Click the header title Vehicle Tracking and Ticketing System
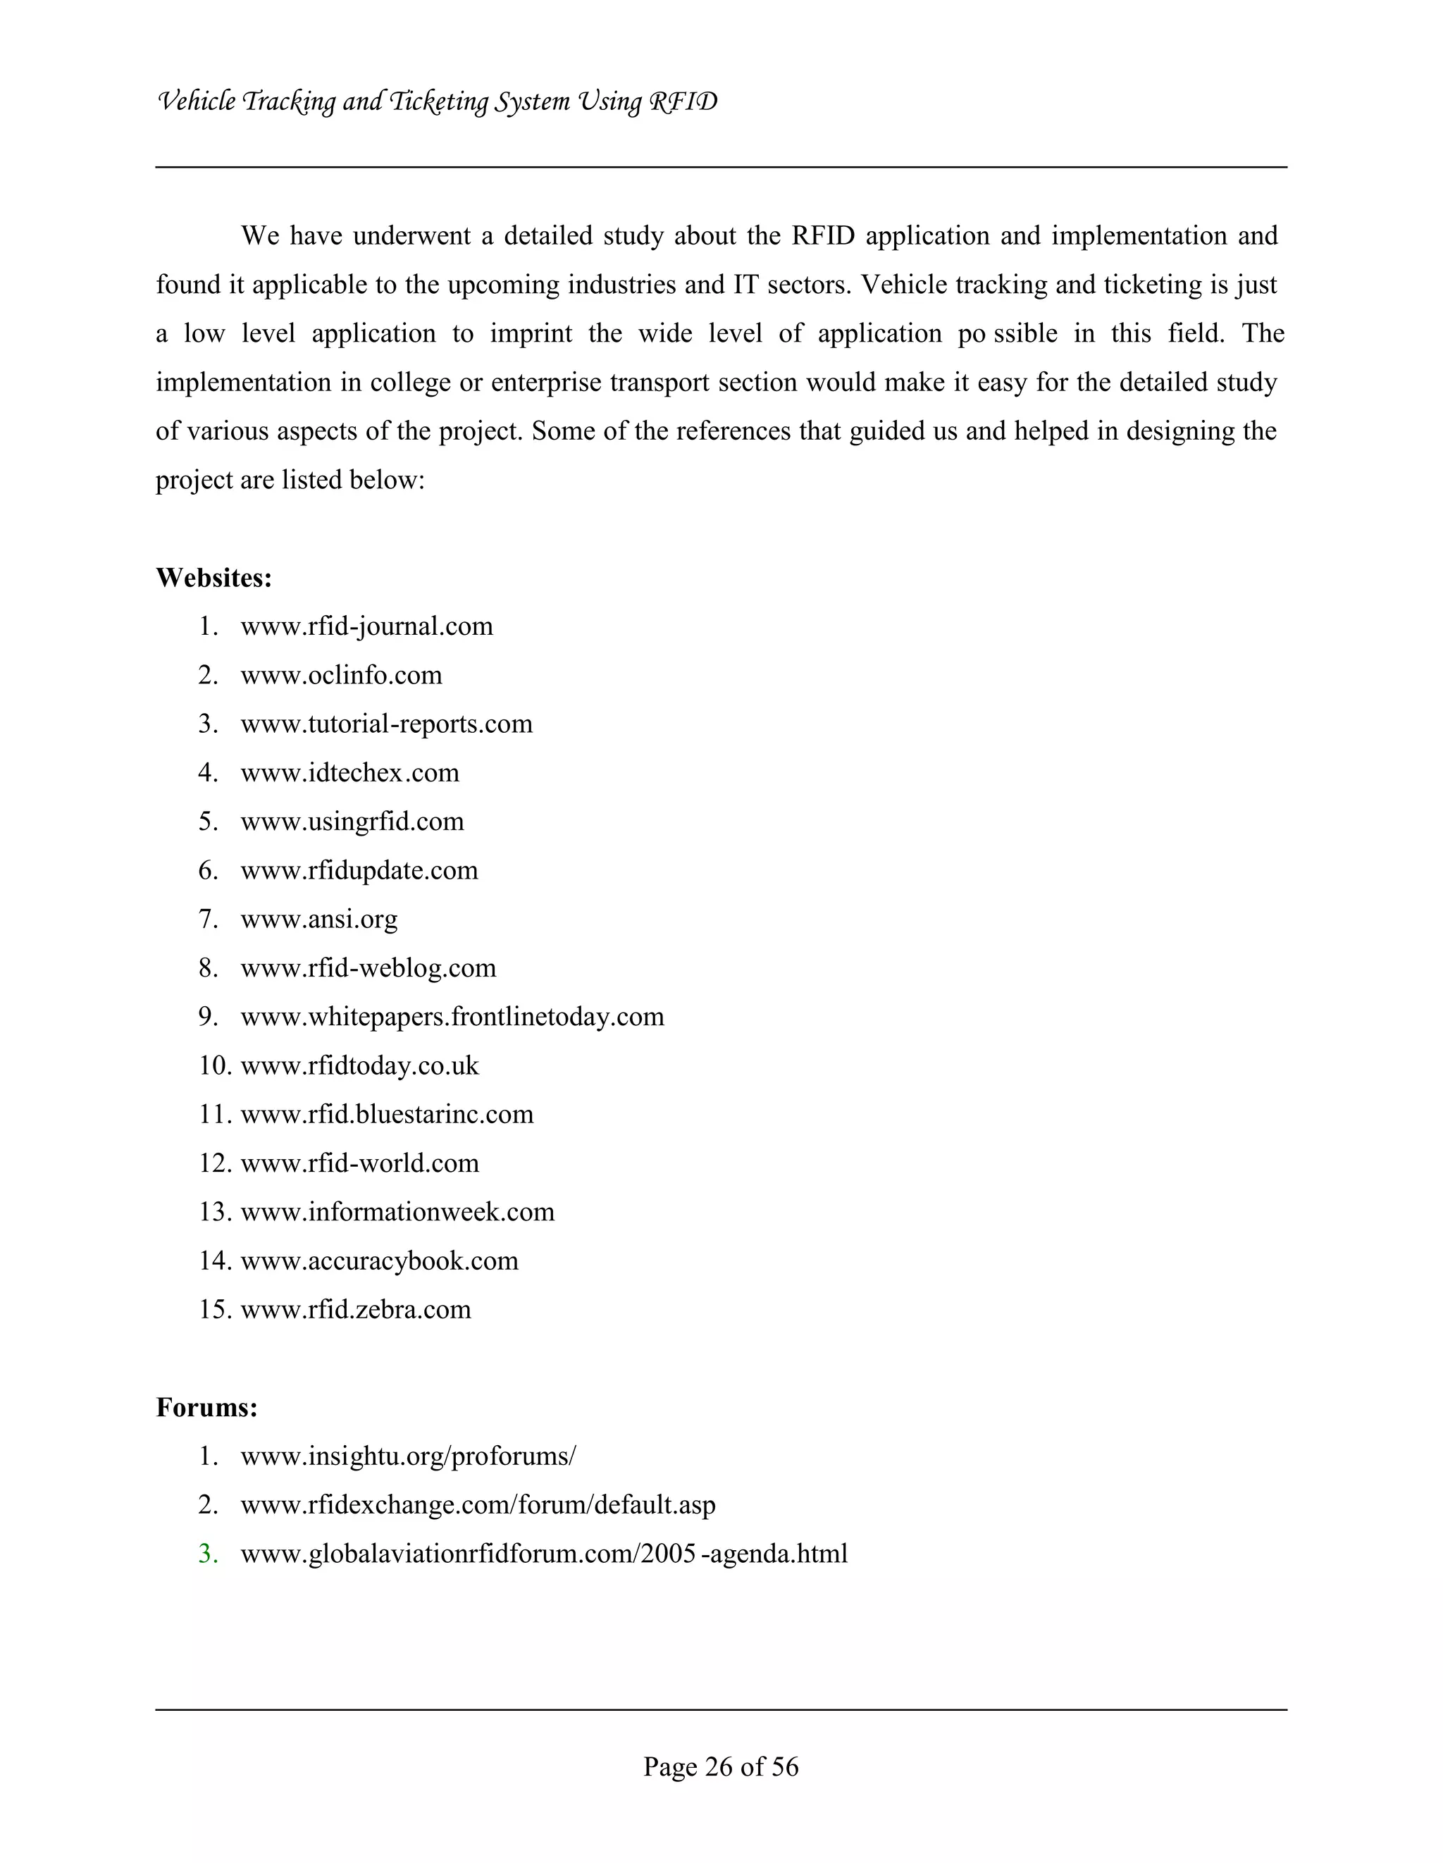437,102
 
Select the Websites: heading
214,578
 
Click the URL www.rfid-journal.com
366,626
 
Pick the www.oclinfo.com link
341,675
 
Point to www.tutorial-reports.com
386,724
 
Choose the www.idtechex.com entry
349,773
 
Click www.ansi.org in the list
319,919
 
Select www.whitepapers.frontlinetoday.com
452,1017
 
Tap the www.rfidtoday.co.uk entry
360,1065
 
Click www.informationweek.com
397,1211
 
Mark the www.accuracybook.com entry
380,1260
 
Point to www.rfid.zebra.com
356,1309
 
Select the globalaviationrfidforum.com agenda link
544,1554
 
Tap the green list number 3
208,1554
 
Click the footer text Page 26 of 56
721,1766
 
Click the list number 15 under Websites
215,1309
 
